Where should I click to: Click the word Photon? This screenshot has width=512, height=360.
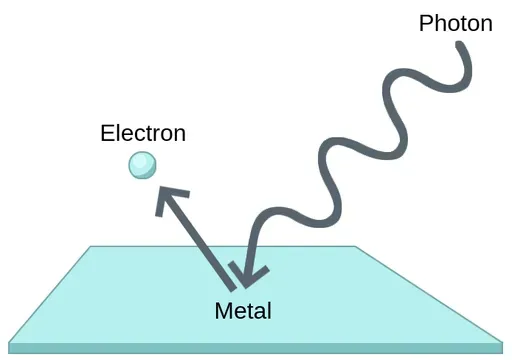click(x=455, y=22)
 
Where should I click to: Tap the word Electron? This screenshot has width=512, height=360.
click(x=143, y=133)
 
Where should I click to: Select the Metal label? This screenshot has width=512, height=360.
click(x=243, y=310)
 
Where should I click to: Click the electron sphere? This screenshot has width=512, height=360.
click(x=142, y=165)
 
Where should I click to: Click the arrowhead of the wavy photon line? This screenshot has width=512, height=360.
click(x=243, y=267)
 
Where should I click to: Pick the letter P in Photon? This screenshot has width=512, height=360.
click(x=426, y=22)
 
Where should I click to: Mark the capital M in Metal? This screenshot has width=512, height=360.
click(x=223, y=310)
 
